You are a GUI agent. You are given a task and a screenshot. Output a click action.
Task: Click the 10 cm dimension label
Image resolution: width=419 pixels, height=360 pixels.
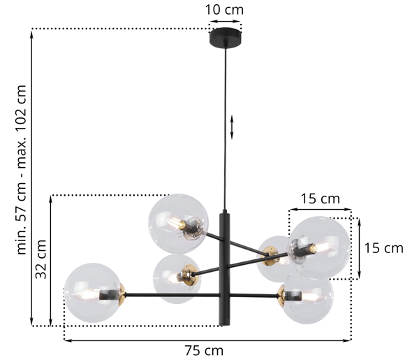pos(224,10)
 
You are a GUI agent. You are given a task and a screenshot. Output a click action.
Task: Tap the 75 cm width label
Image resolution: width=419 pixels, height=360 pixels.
pos(204,350)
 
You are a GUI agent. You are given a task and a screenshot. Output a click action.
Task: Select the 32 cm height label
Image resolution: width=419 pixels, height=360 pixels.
pos(41,259)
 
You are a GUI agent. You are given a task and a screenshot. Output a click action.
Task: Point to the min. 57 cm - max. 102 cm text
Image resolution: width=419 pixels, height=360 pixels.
pos(22,170)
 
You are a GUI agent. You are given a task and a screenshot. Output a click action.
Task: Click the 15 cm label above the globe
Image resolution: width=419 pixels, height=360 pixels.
pos(321,199)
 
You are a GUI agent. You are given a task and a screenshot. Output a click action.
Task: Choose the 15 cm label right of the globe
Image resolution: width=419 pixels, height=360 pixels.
pos(383,248)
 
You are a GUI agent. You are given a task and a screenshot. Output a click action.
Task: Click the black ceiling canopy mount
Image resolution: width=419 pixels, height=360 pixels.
pos(226,38)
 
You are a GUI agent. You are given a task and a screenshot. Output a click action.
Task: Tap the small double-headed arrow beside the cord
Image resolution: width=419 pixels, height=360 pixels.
pos(232,127)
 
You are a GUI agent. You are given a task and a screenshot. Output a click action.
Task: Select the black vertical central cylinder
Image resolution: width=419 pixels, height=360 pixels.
pos(225,268)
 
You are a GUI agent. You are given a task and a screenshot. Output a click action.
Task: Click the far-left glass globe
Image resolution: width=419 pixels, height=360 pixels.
pos(94,293)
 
